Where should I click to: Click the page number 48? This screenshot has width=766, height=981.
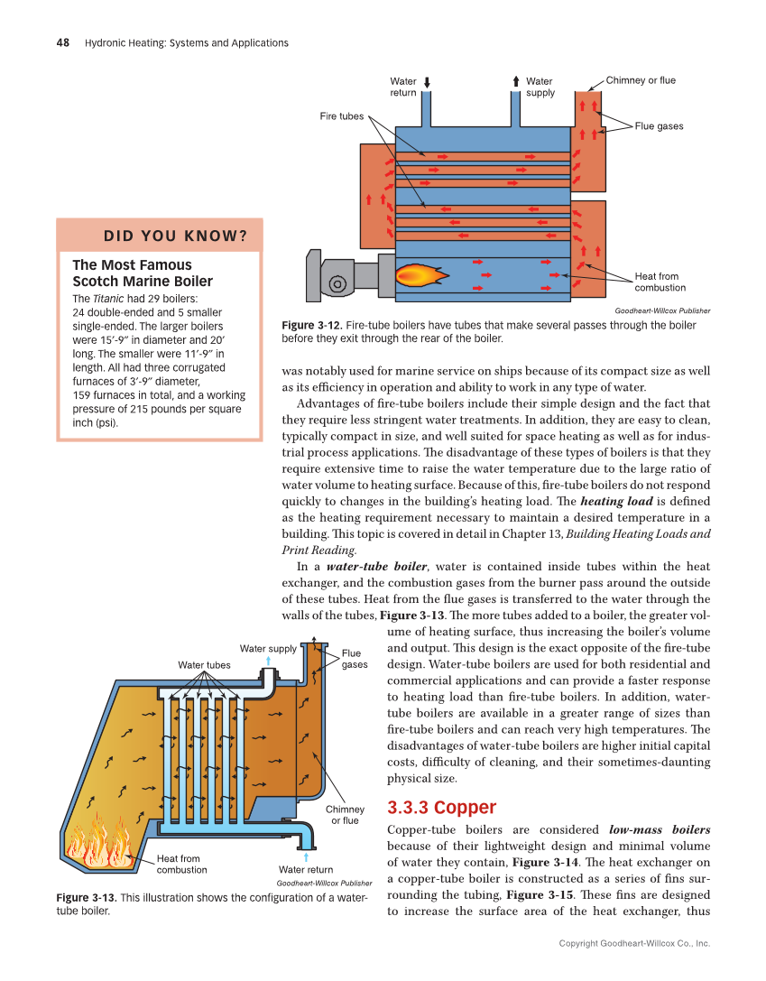[64, 42]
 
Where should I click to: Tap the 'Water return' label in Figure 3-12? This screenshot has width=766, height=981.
[402, 87]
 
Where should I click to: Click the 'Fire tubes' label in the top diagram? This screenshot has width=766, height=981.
[342, 116]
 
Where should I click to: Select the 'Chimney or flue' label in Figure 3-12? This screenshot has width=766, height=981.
[640, 80]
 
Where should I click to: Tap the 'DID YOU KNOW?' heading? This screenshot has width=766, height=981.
[175, 236]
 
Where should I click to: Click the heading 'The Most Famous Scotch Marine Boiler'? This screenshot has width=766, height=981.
[142, 273]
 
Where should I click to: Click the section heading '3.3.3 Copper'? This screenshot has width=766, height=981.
[441, 807]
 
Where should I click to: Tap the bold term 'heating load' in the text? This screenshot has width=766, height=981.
[616, 501]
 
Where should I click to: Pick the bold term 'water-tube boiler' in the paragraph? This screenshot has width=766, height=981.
[376, 566]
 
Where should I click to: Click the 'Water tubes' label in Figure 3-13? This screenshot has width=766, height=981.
[204, 665]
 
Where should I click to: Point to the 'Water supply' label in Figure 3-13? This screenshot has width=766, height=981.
[267, 649]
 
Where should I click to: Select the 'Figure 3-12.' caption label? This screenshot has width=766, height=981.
[311, 325]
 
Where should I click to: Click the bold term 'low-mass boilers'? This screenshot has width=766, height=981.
[660, 828]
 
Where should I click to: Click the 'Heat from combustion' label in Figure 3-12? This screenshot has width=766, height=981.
[660, 282]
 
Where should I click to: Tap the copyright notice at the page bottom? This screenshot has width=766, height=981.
[634, 943]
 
